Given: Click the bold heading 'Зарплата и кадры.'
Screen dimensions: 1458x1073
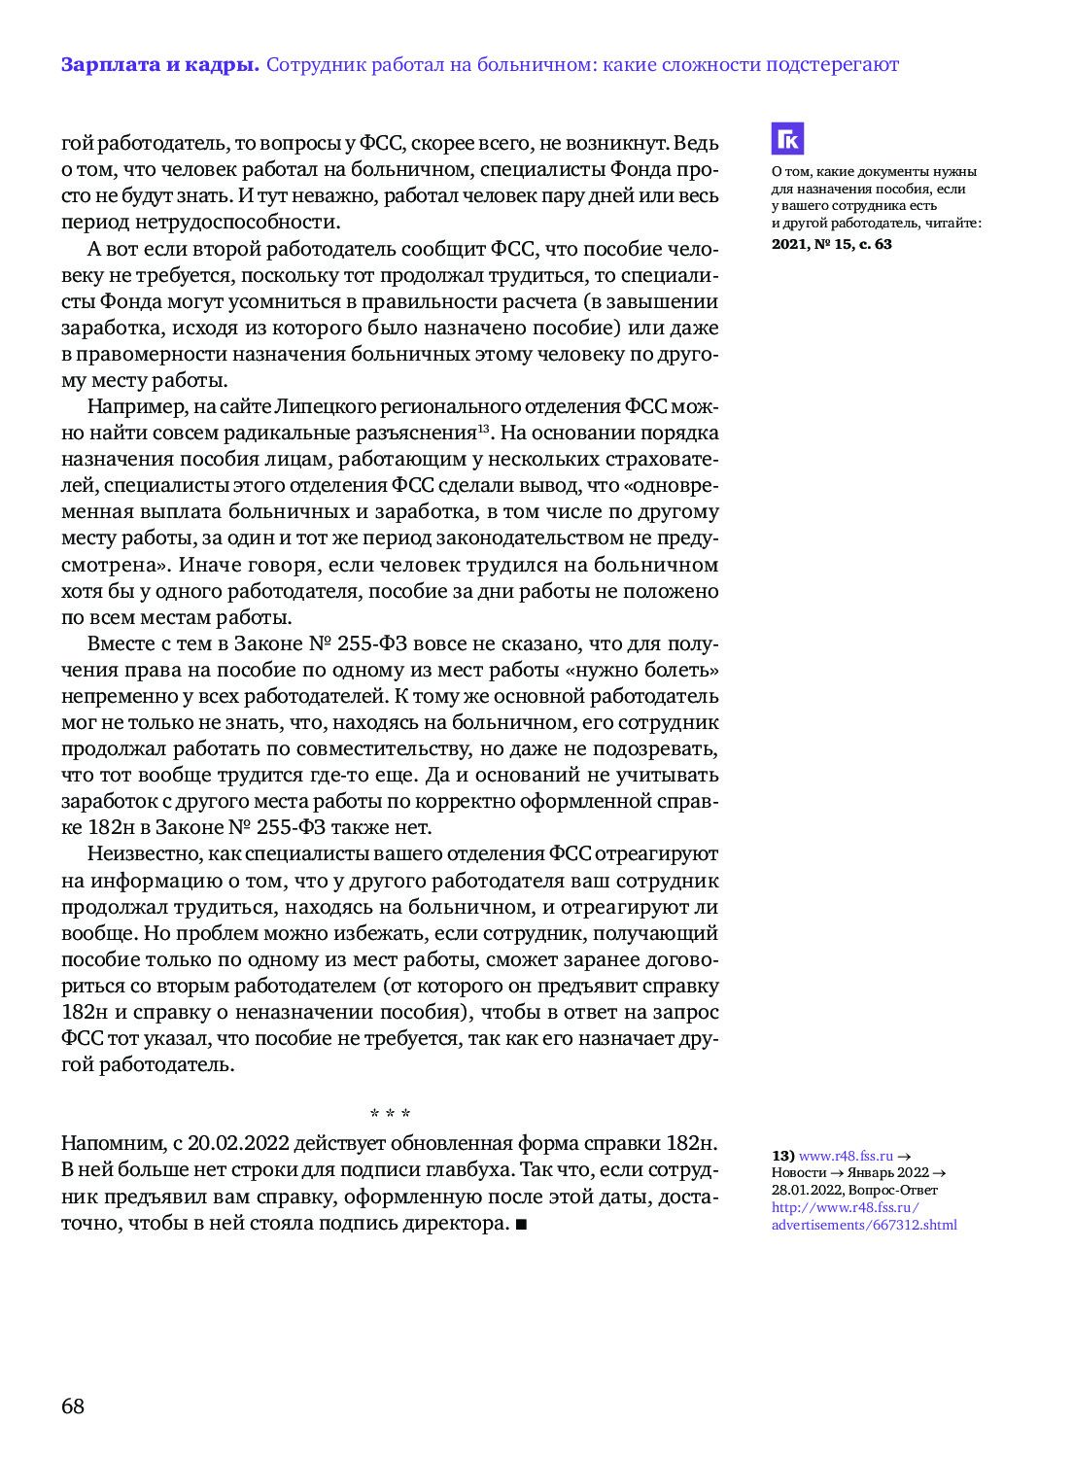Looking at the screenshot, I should pos(159,65).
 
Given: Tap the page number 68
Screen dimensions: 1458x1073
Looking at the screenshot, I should pos(73,1406).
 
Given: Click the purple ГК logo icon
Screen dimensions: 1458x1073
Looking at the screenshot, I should pos(787,139).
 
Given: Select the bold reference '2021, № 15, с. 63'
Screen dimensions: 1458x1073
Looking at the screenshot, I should pos(831,244).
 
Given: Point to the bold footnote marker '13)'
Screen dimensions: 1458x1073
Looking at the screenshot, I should pos(782,1156).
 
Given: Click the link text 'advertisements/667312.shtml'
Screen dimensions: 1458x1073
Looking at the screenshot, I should pos(864,1225).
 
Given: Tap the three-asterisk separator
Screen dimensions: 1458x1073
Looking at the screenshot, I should pos(390,1114).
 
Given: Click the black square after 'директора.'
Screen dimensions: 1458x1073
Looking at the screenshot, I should pos(521,1224).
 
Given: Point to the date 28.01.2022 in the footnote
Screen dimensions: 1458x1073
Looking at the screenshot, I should pos(806,1191).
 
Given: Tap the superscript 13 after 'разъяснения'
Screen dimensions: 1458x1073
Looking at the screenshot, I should pos(483,429).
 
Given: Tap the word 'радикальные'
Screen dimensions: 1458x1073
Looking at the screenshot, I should pos(292,434).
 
